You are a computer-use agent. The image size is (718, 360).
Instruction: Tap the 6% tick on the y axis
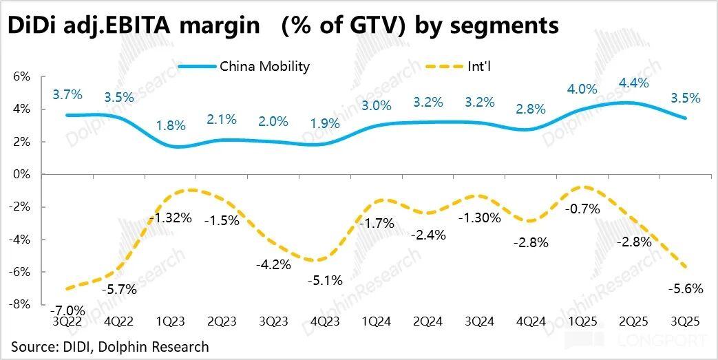tap(21, 76)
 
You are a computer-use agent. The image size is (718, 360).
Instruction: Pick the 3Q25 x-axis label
tap(686, 321)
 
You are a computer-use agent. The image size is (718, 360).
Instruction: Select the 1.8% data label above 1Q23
tap(170, 126)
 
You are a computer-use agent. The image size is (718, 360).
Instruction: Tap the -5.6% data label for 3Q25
tap(686, 289)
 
